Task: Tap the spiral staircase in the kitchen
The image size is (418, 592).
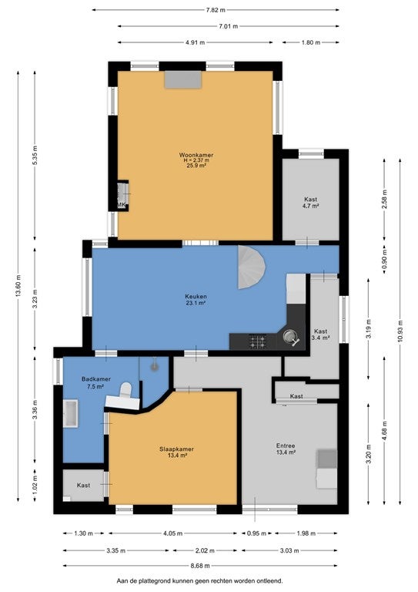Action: pyautogui.click(x=252, y=267)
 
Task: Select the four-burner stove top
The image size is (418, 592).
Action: pyautogui.click(x=258, y=341)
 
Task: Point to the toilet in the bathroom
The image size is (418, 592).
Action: pyautogui.click(x=125, y=389)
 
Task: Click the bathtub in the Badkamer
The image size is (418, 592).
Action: pyautogui.click(x=71, y=414)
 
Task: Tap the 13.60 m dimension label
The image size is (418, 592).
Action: pyautogui.click(x=18, y=285)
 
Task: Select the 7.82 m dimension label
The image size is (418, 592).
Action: pyautogui.click(x=216, y=10)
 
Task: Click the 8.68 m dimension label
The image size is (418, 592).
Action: pyautogui.click(x=200, y=566)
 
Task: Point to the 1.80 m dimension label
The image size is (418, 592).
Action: pyautogui.click(x=310, y=42)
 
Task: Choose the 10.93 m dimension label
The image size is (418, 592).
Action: pyautogui.click(x=400, y=331)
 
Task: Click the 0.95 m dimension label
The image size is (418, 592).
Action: pyautogui.click(x=256, y=533)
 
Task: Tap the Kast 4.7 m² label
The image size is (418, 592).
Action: pyautogui.click(x=311, y=203)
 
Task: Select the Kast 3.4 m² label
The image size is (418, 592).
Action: pyautogui.click(x=321, y=335)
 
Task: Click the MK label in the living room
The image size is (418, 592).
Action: pyautogui.click(x=122, y=205)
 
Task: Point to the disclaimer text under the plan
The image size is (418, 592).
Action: pyautogui.click(x=200, y=580)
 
